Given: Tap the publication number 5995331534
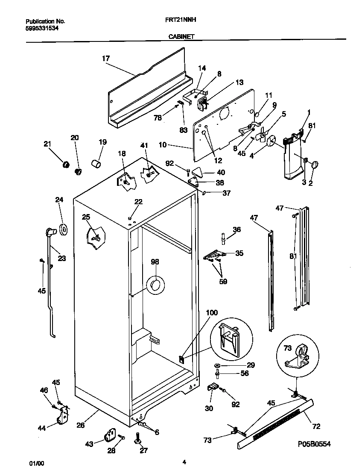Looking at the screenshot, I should point(42,28).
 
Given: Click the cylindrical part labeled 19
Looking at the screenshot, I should point(96,164).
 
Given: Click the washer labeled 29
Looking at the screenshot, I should point(218,365).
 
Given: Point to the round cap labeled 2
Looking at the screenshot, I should point(315,165).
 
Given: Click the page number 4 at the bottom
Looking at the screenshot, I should point(184,462).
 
